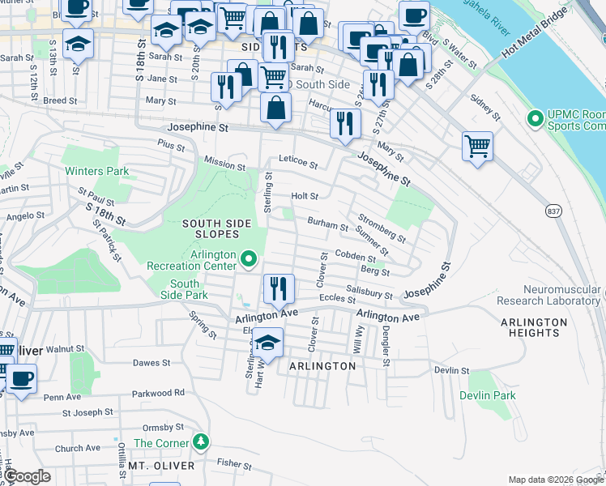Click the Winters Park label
click(97, 172)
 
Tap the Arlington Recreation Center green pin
click(249, 259)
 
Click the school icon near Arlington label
click(267, 344)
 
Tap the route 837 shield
click(553, 211)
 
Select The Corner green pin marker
click(200, 442)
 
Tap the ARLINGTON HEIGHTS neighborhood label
click(533, 327)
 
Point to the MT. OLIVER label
click(160, 466)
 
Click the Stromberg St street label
click(382, 228)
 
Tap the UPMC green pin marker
click(535, 120)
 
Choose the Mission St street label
click(224, 164)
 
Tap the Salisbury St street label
click(369, 292)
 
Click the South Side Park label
click(185, 290)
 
